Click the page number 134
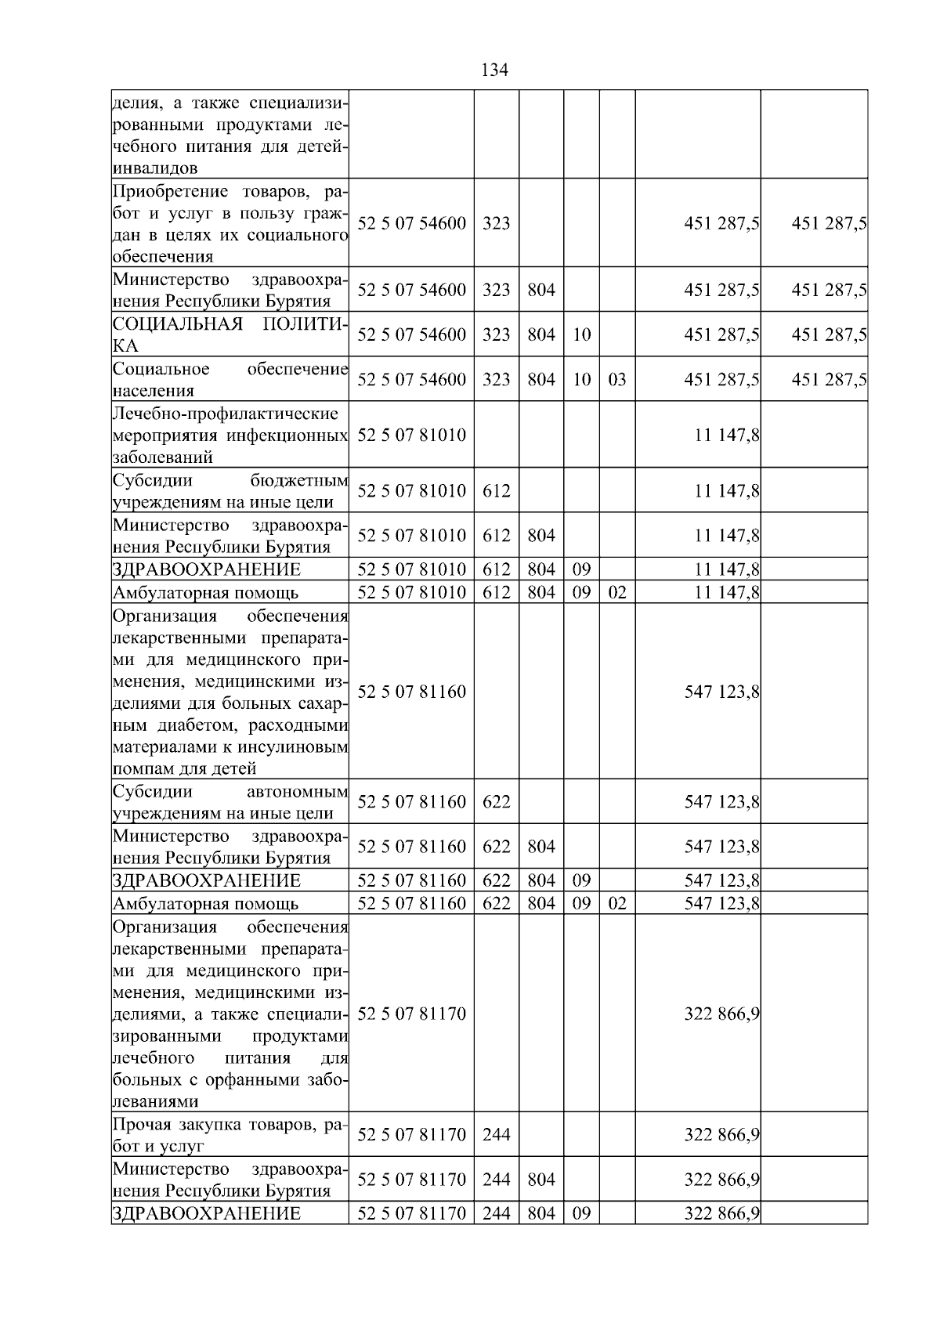tap(493, 70)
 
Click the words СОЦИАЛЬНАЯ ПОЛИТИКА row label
tap(230, 334)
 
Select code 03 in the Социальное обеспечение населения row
tap(617, 380)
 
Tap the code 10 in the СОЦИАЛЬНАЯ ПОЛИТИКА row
tap(581, 335)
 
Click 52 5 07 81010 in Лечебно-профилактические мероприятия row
tap(411, 436)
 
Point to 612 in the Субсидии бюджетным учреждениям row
tap(496, 491)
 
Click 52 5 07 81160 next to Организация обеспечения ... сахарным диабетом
tap(411, 692)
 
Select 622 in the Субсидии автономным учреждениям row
tap(496, 802)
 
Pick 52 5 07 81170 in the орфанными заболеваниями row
tap(411, 1014)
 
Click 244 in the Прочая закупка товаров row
tap(496, 1135)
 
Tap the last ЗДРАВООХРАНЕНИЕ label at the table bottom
tap(207, 1213)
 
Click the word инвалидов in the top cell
tap(155, 168)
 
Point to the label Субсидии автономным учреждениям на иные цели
tap(230, 802)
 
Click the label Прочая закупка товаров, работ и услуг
tap(230, 1135)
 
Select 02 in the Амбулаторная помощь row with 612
tap(617, 592)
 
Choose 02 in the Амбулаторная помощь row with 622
tap(617, 904)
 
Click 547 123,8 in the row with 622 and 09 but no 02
tap(721, 881)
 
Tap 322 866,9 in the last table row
tap(721, 1214)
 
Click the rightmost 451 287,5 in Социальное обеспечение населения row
tap(828, 380)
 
